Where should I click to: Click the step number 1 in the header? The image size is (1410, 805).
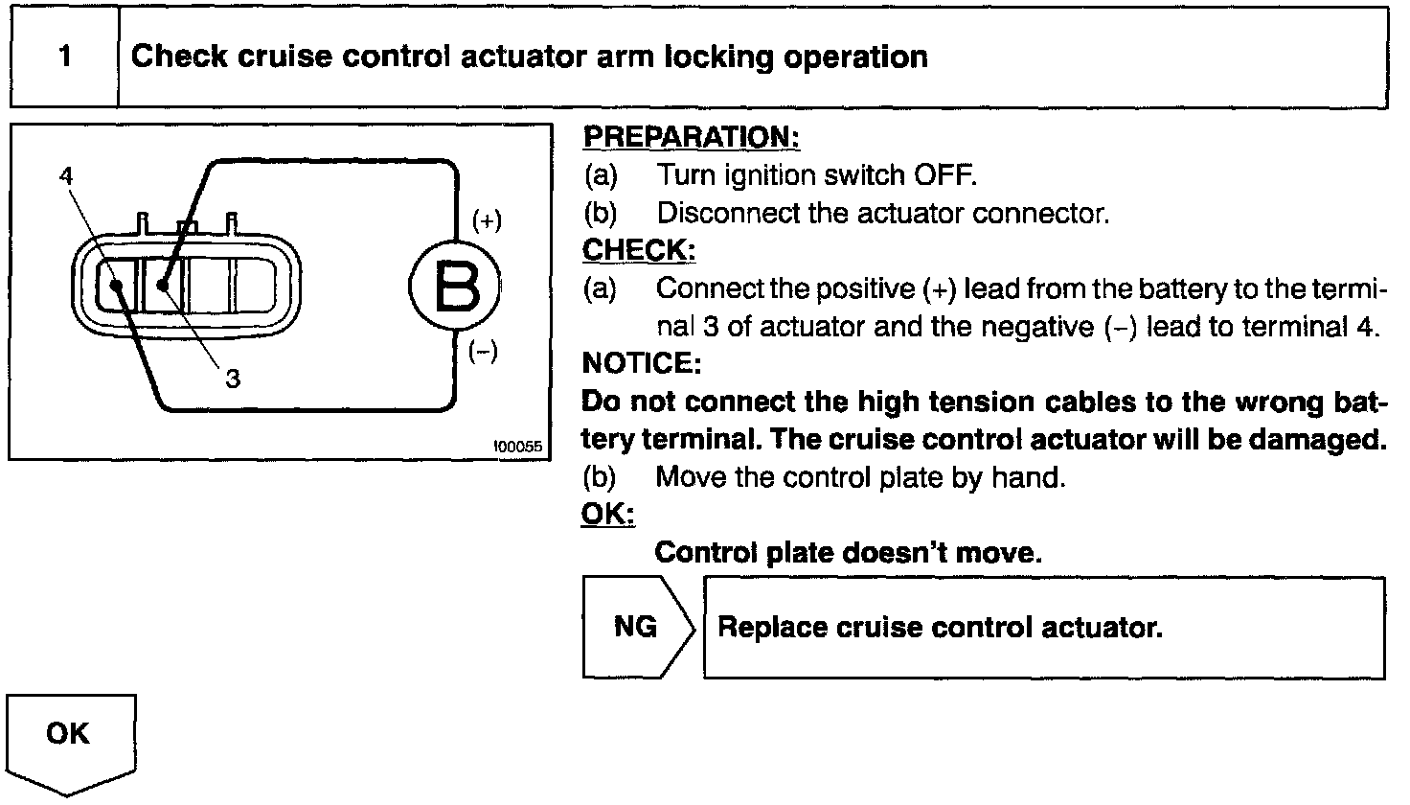tap(64, 57)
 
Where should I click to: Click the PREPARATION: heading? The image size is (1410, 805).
tap(691, 137)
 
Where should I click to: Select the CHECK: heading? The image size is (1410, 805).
tap(638, 250)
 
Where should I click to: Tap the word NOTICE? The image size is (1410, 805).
tap(641, 364)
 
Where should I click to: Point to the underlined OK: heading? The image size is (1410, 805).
tap(607, 515)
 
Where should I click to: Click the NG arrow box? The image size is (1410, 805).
tap(636, 627)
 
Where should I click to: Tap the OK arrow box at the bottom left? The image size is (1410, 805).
tap(68, 735)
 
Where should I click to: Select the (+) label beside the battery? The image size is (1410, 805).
tap(487, 220)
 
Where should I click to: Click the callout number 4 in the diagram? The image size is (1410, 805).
tap(65, 175)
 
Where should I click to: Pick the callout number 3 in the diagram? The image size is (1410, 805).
tap(233, 379)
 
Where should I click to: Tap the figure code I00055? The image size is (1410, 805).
tap(518, 447)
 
